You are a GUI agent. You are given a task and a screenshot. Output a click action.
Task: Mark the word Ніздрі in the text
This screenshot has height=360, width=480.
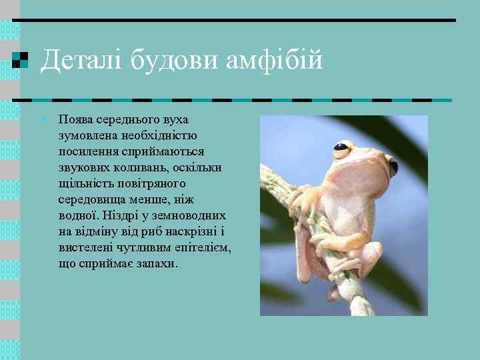(x=122, y=216)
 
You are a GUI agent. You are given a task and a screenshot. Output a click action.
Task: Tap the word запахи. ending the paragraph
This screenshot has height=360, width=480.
(x=156, y=264)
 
